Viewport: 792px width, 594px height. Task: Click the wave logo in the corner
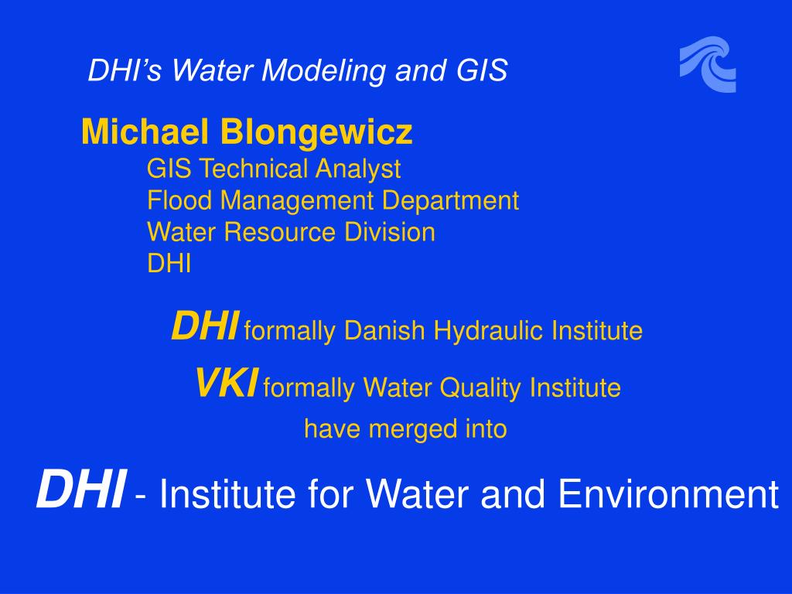coord(708,64)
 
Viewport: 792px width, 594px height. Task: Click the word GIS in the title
coord(482,70)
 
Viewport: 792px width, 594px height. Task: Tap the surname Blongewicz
coord(316,131)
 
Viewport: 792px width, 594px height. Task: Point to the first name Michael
coord(145,131)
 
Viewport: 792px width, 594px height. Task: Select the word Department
coord(450,201)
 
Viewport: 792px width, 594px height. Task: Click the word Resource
coord(279,232)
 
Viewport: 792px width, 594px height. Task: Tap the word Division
coord(390,232)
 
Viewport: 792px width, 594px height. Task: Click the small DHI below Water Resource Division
coord(169,263)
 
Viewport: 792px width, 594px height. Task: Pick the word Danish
coord(384,330)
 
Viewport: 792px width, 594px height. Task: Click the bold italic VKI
coord(227,383)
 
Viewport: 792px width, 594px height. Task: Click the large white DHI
coord(80,489)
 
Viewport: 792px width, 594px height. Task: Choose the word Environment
coord(669,493)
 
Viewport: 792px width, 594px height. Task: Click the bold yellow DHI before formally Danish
coord(204,326)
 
